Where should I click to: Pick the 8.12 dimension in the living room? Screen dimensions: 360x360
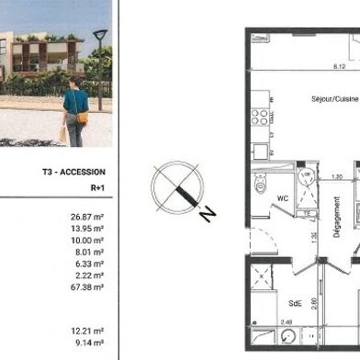click(340, 67)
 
